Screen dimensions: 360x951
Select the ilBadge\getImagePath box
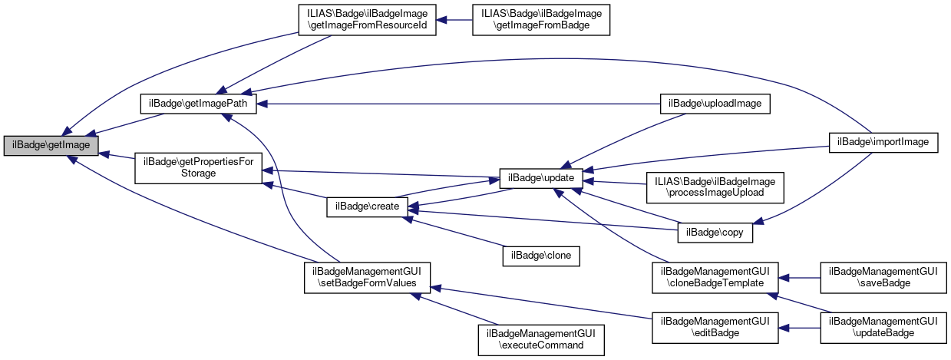(x=197, y=103)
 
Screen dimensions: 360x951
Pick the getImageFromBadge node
(x=541, y=19)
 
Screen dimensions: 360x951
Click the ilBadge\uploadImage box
(x=715, y=103)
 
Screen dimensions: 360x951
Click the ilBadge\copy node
(x=715, y=230)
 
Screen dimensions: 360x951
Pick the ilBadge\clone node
(x=541, y=255)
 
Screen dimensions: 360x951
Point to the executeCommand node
(x=541, y=339)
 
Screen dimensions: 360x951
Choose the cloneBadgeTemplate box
(x=715, y=276)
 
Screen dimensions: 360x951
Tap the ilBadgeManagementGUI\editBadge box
(x=715, y=326)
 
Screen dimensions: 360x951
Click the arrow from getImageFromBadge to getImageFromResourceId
(x=455, y=19)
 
